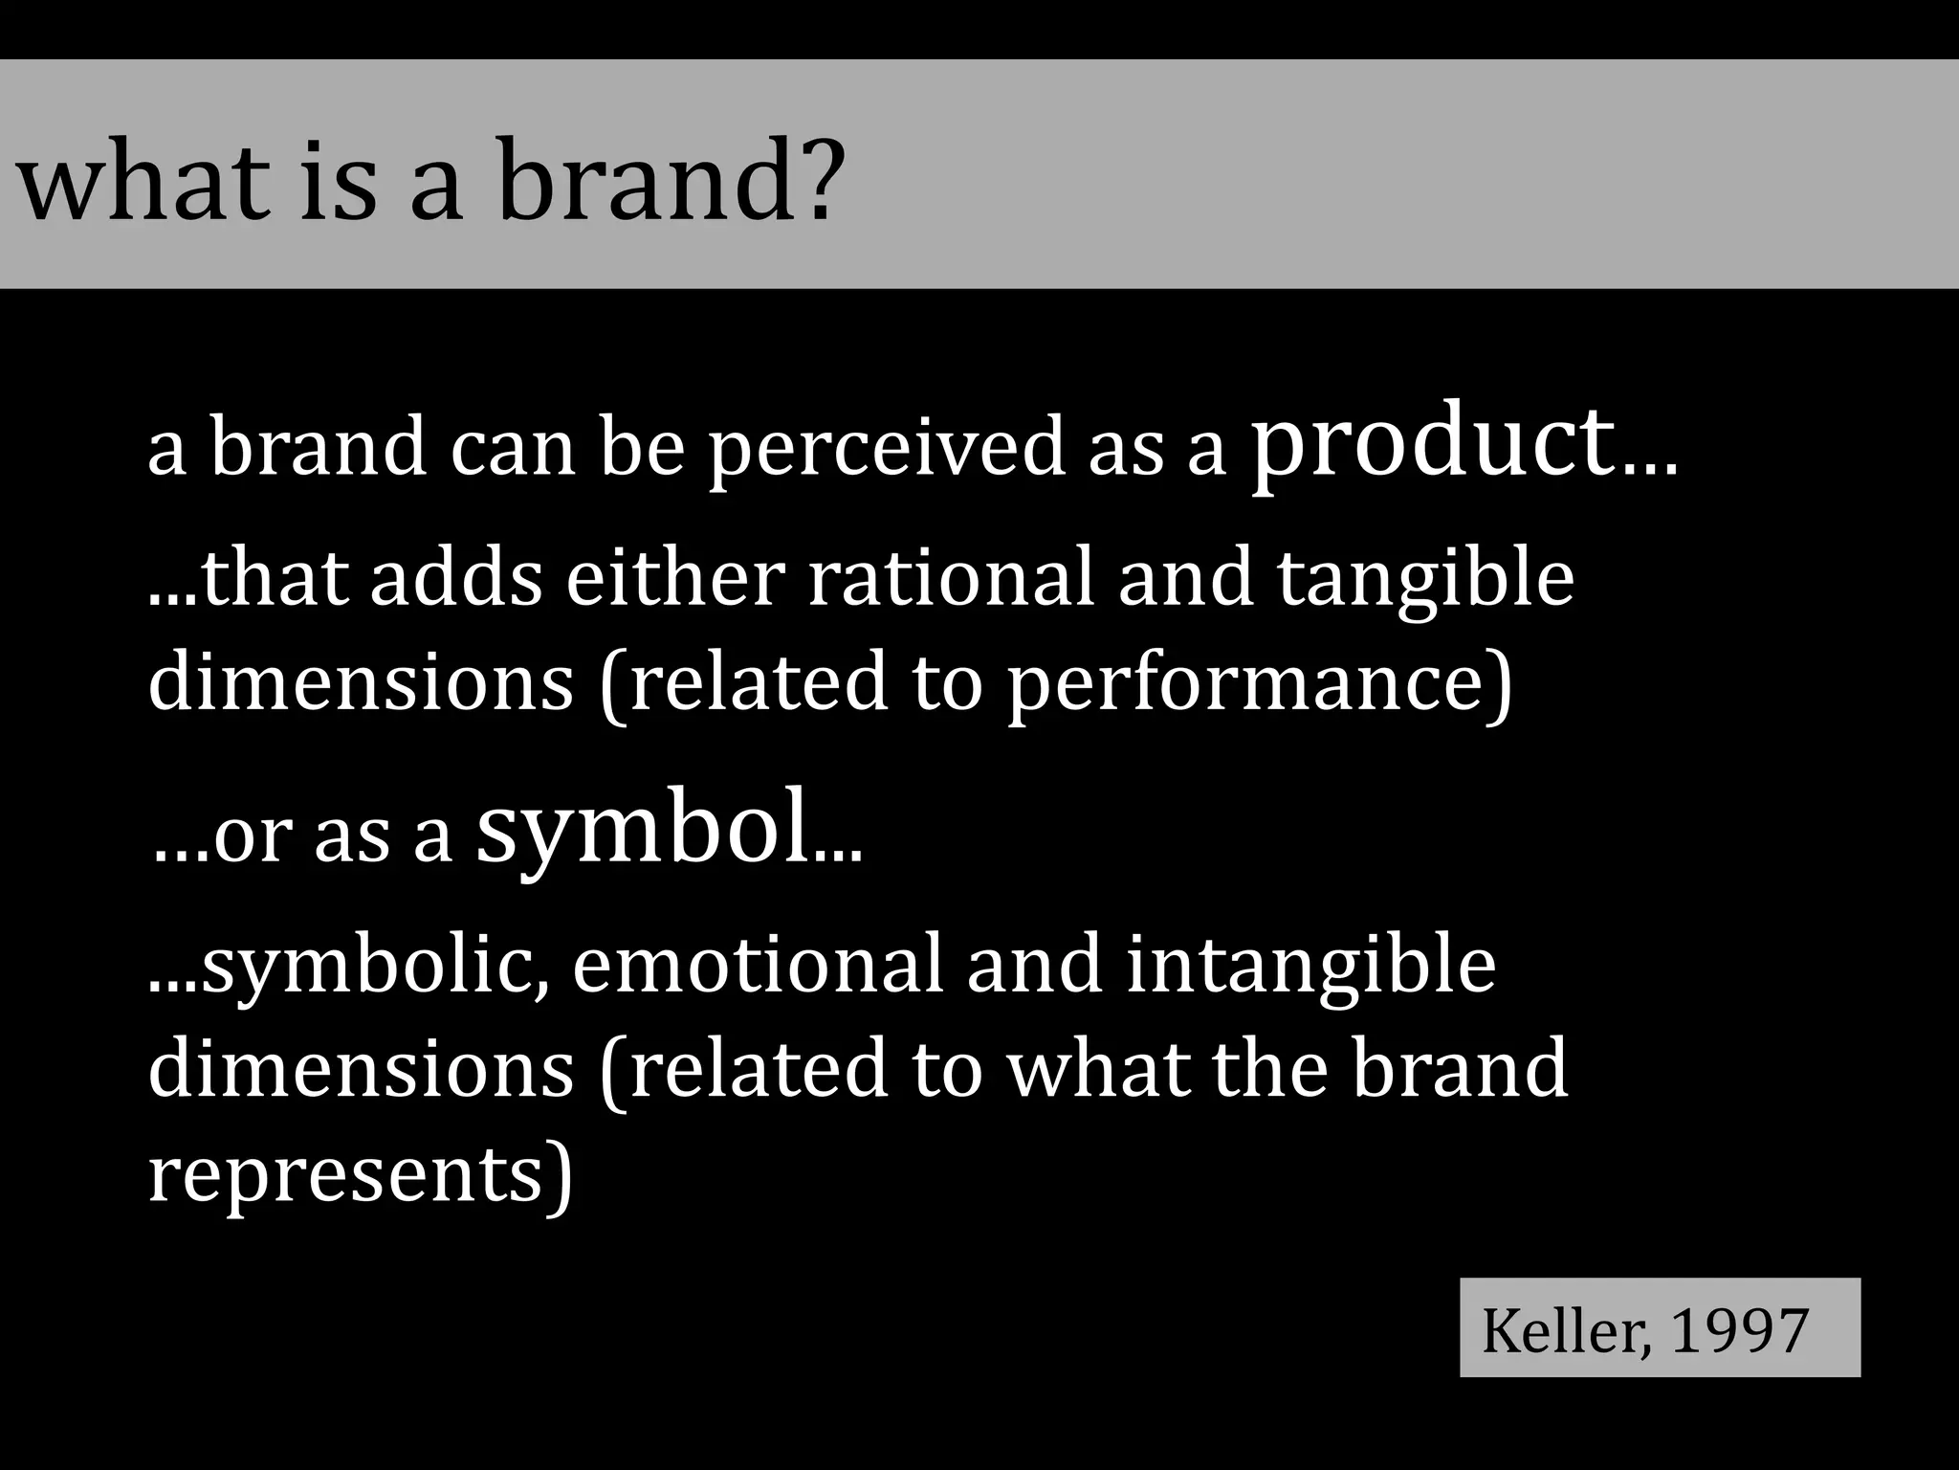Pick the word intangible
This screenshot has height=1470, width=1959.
click(1310, 967)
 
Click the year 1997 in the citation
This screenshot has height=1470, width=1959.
click(1739, 1329)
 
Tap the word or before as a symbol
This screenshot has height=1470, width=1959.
click(251, 835)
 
